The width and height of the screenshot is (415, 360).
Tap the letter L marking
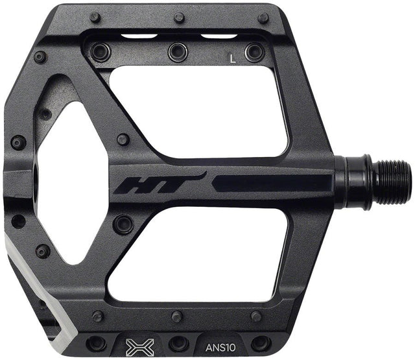coord(232,58)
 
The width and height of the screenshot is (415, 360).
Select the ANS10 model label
coord(218,337)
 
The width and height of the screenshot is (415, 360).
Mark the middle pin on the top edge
coord(178,18)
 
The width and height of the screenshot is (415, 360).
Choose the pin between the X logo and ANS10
coord(178,342)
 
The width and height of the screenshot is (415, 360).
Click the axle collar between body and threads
coord(356,177)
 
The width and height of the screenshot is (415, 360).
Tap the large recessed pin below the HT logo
coord(123,224)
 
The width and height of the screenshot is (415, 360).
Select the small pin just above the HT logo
coord(123,139)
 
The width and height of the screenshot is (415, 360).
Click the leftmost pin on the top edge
coord(95,18)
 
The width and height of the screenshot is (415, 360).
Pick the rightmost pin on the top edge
coord(263,18)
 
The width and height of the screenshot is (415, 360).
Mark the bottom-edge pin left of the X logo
coord(97,342)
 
